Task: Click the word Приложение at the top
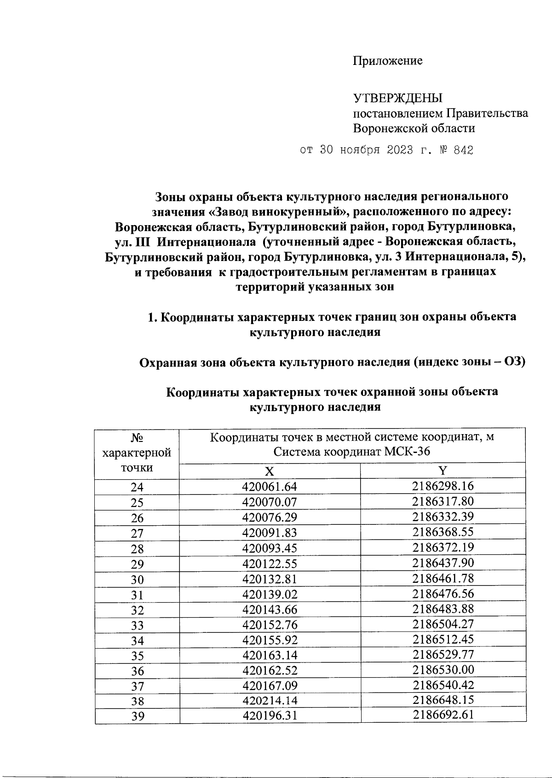point(387,61)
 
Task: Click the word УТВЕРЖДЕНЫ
point(397,98)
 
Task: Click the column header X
point(270,471)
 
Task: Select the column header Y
point(443,470)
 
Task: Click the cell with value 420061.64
point(270,487)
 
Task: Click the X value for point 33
point(270,625)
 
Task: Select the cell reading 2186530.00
point(443,669)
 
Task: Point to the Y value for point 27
point(443,532)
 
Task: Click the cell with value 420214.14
point(270,701)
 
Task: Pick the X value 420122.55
point(270,563)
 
